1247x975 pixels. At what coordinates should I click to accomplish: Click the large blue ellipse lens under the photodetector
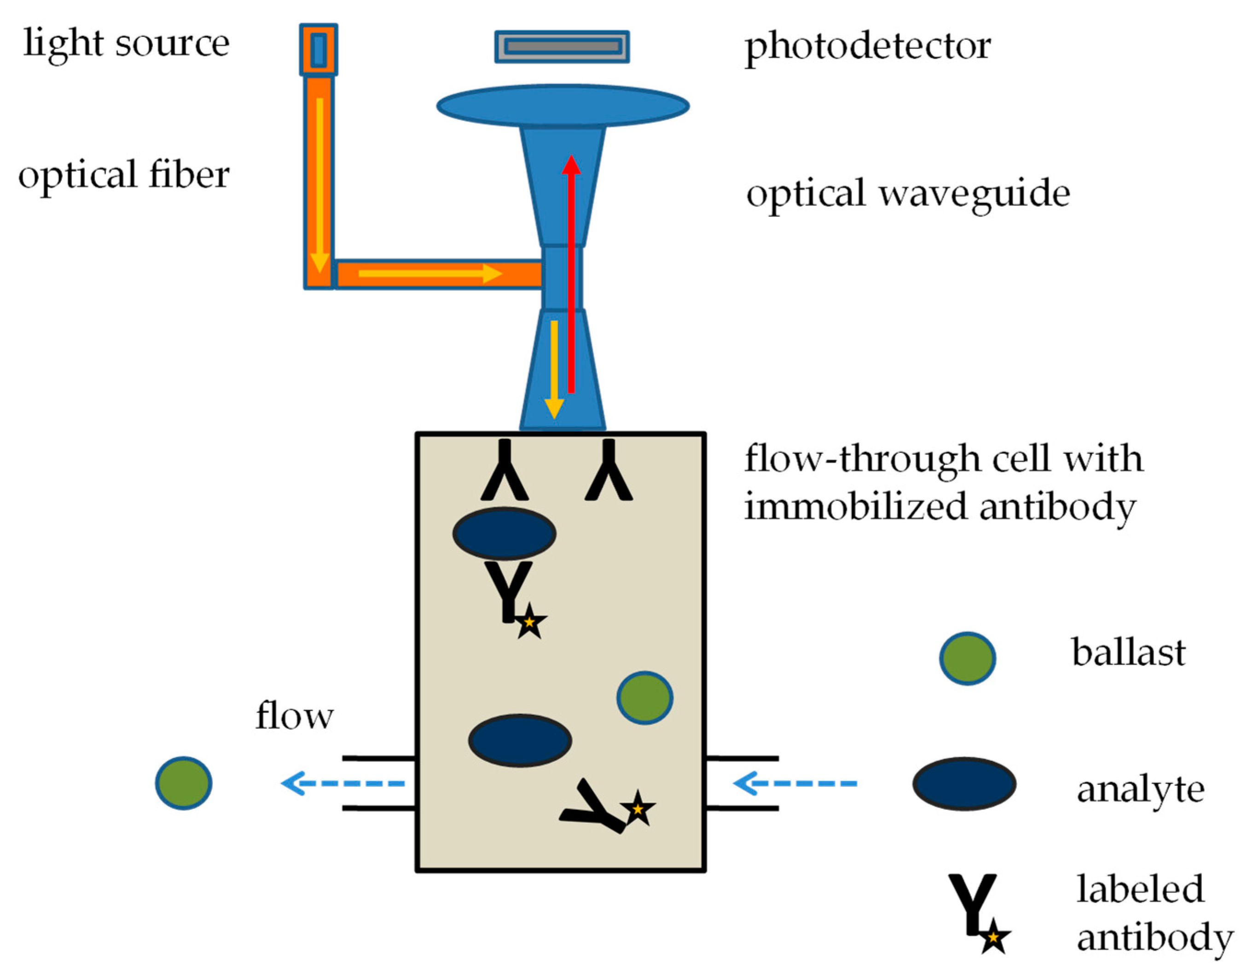coord(563,105)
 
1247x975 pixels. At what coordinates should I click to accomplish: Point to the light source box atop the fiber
coord(319,49)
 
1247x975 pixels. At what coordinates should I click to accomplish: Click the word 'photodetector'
coord(868,46)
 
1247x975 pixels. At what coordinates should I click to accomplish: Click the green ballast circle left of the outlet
coord(184,783)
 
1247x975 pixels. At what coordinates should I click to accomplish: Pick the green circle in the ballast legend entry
coord(967,659)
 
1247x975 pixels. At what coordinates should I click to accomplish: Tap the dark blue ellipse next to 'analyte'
coord(964,784)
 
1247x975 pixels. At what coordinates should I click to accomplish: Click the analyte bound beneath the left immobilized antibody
coord(504,533)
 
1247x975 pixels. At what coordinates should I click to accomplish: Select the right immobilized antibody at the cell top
coord(609,471)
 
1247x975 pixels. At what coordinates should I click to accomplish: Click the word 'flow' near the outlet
coord(294,716)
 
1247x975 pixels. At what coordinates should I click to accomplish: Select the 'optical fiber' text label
coord(124,175)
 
